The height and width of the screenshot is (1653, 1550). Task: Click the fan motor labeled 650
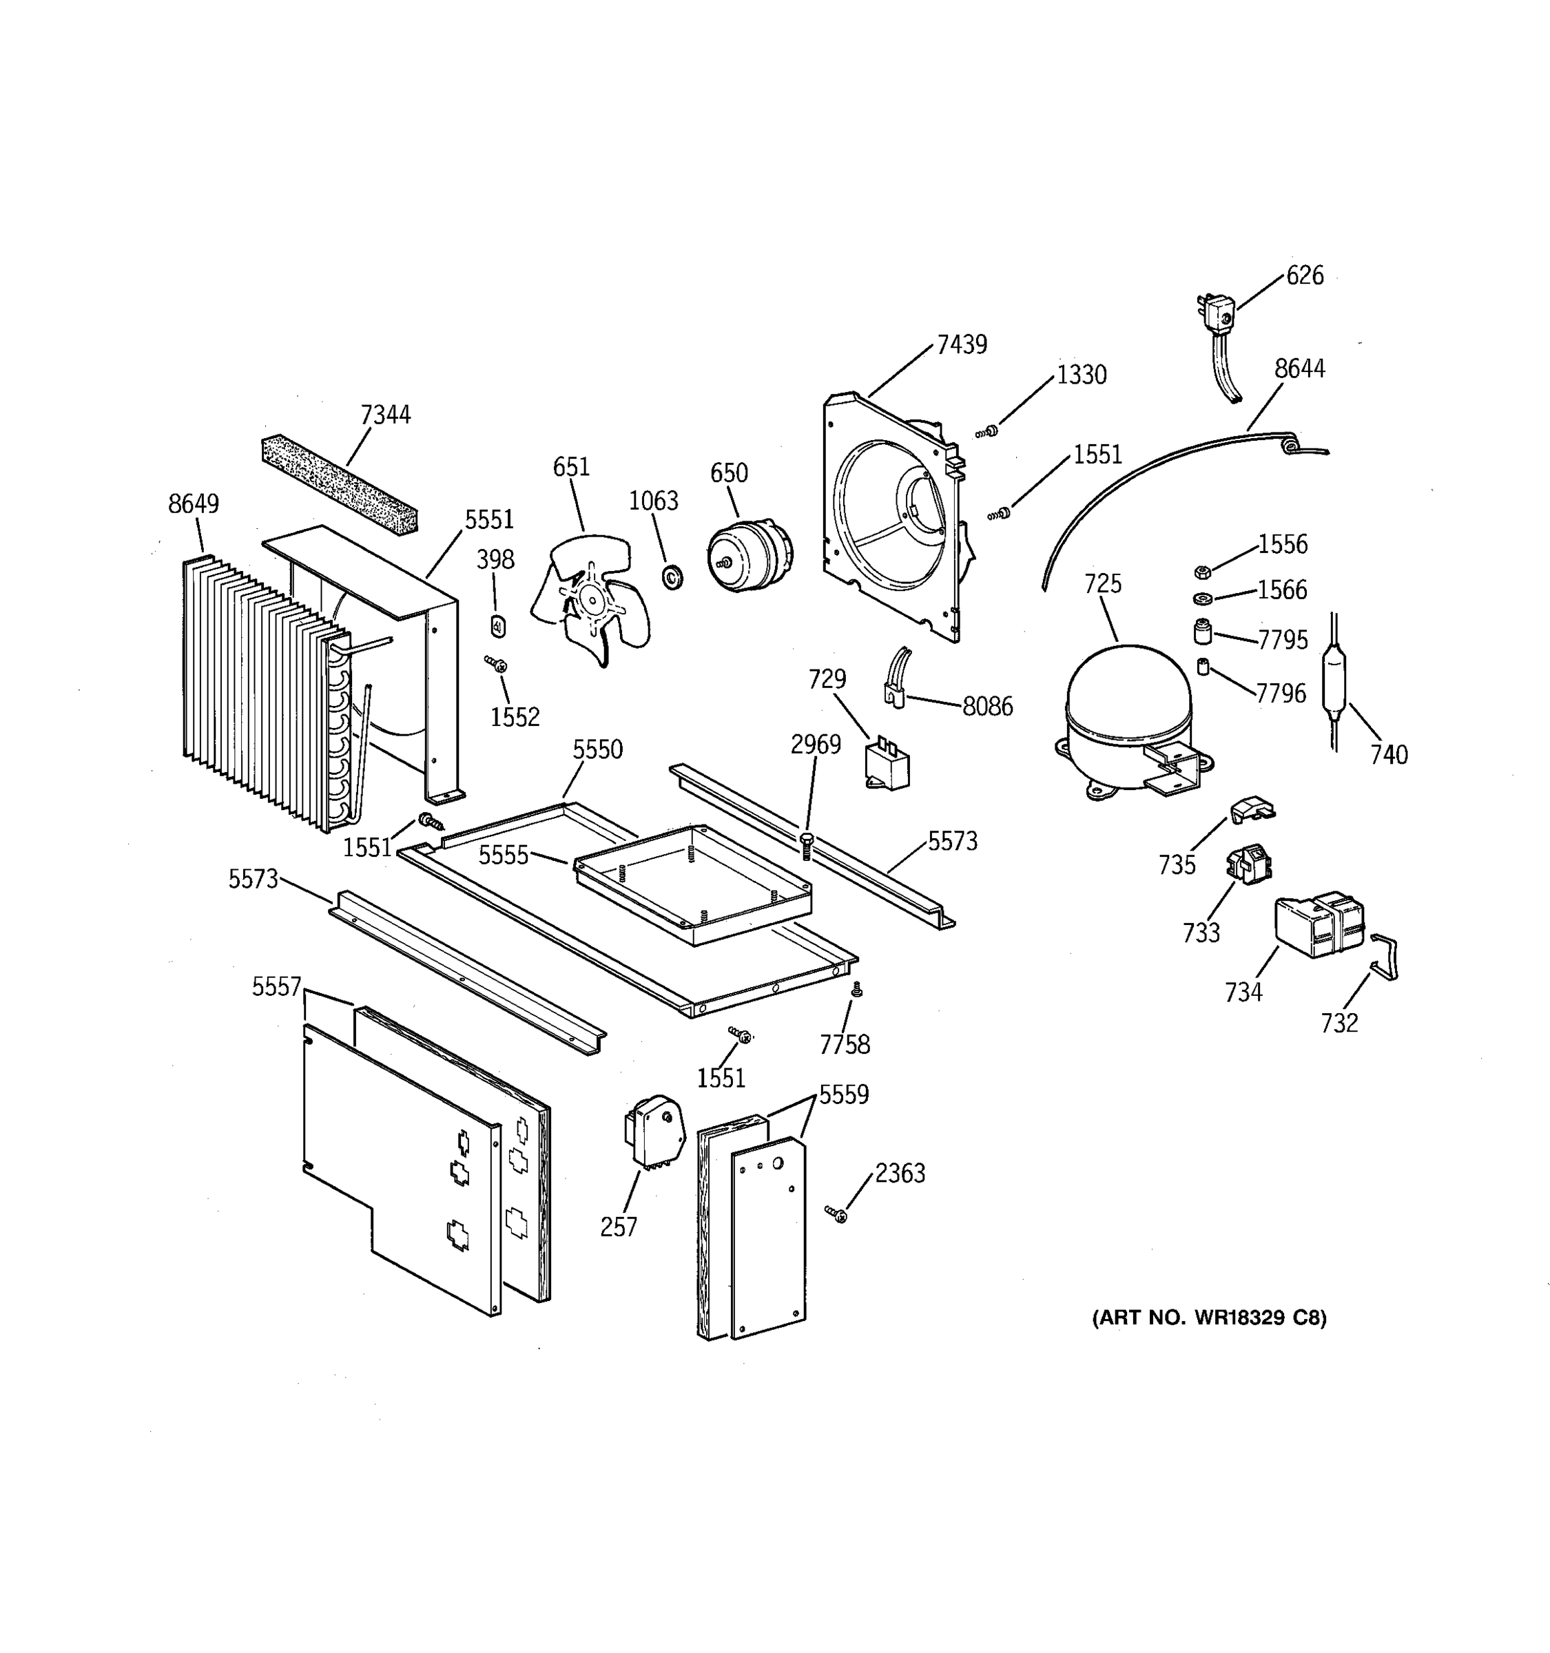pos(748,554)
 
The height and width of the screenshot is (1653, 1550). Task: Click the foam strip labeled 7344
pos(339,484)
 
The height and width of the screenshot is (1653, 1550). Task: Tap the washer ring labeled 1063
pos(672,575)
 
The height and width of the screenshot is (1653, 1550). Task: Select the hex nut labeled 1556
pos(1201,572)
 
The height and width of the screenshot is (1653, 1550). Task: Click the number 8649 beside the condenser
pos(193,504)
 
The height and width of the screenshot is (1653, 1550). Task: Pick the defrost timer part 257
pos(654,1131)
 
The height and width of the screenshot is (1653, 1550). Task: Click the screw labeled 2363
pos(836,1215)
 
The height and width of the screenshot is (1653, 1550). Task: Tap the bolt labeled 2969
pos(806,846)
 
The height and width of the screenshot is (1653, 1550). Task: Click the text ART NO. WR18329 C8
pos(1208,1318)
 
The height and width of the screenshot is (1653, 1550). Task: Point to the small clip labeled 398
pos(498,626)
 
